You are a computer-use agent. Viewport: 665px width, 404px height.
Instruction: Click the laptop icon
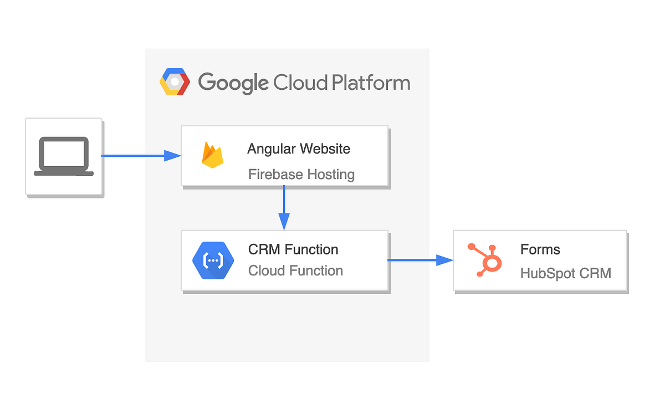[64, 156]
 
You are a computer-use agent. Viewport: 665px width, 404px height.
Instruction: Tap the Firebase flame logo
[213, 155]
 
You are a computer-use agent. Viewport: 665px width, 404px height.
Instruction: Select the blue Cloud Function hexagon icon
[213, 260]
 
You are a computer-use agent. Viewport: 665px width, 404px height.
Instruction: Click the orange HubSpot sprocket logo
[485, 260]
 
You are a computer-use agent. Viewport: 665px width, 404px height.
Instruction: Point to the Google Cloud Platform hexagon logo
[175, 83]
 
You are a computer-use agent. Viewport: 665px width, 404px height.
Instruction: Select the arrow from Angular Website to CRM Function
[284, 207]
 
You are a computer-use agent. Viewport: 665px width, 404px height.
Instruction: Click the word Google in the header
[233, 83]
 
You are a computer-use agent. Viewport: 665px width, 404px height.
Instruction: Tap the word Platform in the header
[371, 83]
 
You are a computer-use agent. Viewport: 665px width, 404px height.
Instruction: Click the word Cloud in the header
[300, 83]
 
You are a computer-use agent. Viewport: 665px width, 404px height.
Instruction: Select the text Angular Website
[299, 149]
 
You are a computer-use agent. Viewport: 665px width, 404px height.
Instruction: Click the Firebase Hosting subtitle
[301, 175]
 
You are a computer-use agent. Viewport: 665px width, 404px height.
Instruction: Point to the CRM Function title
[293, 249]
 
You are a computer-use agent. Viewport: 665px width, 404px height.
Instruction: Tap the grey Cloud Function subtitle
[295, 270]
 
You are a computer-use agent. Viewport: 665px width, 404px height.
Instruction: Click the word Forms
[540, 249]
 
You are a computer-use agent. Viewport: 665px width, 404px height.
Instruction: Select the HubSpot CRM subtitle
[566, 273]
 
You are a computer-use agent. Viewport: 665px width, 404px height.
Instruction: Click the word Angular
[271, 149]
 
